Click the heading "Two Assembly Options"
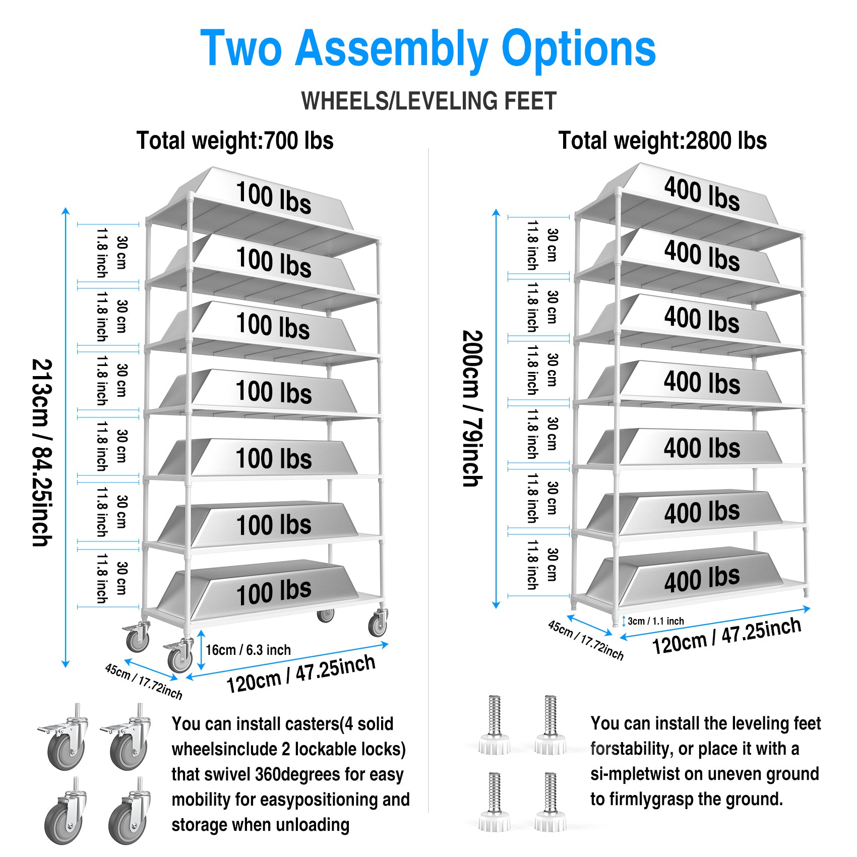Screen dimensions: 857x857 click(428, 48)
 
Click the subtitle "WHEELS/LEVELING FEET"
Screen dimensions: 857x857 click(428, 101)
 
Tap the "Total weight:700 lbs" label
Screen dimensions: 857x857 click(235, 141)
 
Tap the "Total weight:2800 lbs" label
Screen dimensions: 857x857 click(662, 141)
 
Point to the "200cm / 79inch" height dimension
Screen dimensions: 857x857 click(472, 408)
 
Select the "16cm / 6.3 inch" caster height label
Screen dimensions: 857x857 click(248, 650)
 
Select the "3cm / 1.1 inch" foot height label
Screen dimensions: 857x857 click(655, 621)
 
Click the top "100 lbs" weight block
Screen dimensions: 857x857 click(274, 198)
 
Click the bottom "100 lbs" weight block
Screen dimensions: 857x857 click(274, 592)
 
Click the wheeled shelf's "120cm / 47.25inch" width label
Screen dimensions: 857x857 click(300, 674)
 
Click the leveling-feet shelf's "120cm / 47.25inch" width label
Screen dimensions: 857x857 click(726, 636)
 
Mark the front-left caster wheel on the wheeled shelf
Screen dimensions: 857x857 click(179, 657)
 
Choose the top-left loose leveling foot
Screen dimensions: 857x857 click(495, 726)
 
